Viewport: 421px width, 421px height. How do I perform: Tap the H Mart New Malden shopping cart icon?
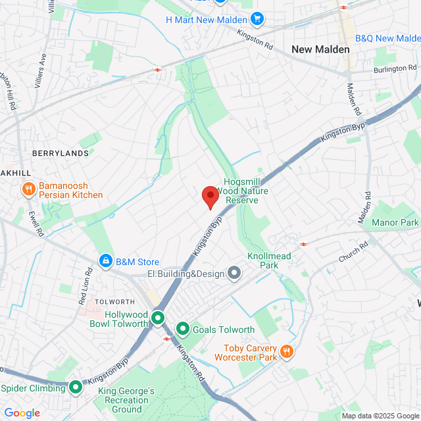[x=257, y=20]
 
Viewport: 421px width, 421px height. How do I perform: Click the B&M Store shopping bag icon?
[x=105, y=262]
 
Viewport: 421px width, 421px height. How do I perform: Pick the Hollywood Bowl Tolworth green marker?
[x=158, y=319]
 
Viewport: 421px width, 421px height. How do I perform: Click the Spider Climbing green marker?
[x=76, y=387]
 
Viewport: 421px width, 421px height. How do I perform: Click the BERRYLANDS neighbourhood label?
[x=60, y=153]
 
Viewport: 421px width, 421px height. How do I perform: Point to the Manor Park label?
[x=395, y=223]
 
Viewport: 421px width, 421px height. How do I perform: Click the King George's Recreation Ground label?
[x=126, y=400]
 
